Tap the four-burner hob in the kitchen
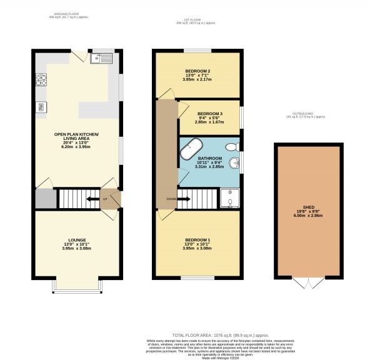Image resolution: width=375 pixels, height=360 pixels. click(42, 79)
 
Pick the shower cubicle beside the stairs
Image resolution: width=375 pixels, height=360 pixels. click(230, 199)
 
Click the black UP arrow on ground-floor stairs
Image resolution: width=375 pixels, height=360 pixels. click(92, 199)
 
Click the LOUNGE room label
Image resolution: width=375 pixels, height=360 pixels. click(76, 239)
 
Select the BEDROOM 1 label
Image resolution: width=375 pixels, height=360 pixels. click(197, 240)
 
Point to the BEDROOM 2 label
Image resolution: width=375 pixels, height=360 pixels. click(197, 71)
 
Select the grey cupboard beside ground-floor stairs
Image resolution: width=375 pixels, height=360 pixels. click(45, 199)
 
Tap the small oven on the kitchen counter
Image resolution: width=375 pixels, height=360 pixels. click(41, 106)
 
